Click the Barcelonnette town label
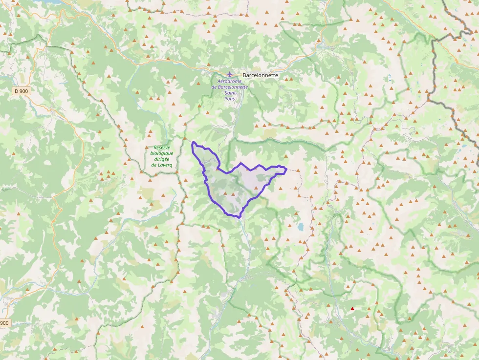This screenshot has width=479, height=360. click(260, 75)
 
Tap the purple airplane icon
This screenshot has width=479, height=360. click(230, 74)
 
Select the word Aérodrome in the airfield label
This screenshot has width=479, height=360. click(230, 81)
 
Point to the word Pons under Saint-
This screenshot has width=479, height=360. click(230, 99)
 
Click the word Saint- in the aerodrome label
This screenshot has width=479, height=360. click(230, 93)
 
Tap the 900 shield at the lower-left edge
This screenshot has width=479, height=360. click(4, 323)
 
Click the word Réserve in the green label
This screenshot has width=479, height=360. click(162, 147)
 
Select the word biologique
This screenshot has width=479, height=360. click(162, 153)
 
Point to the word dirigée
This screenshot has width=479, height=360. click(162, 159)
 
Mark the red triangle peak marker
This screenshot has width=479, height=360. click(352, 308)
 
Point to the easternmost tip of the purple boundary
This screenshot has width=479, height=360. click(285, 170)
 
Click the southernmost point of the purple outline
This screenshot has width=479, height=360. click(240, 217)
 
